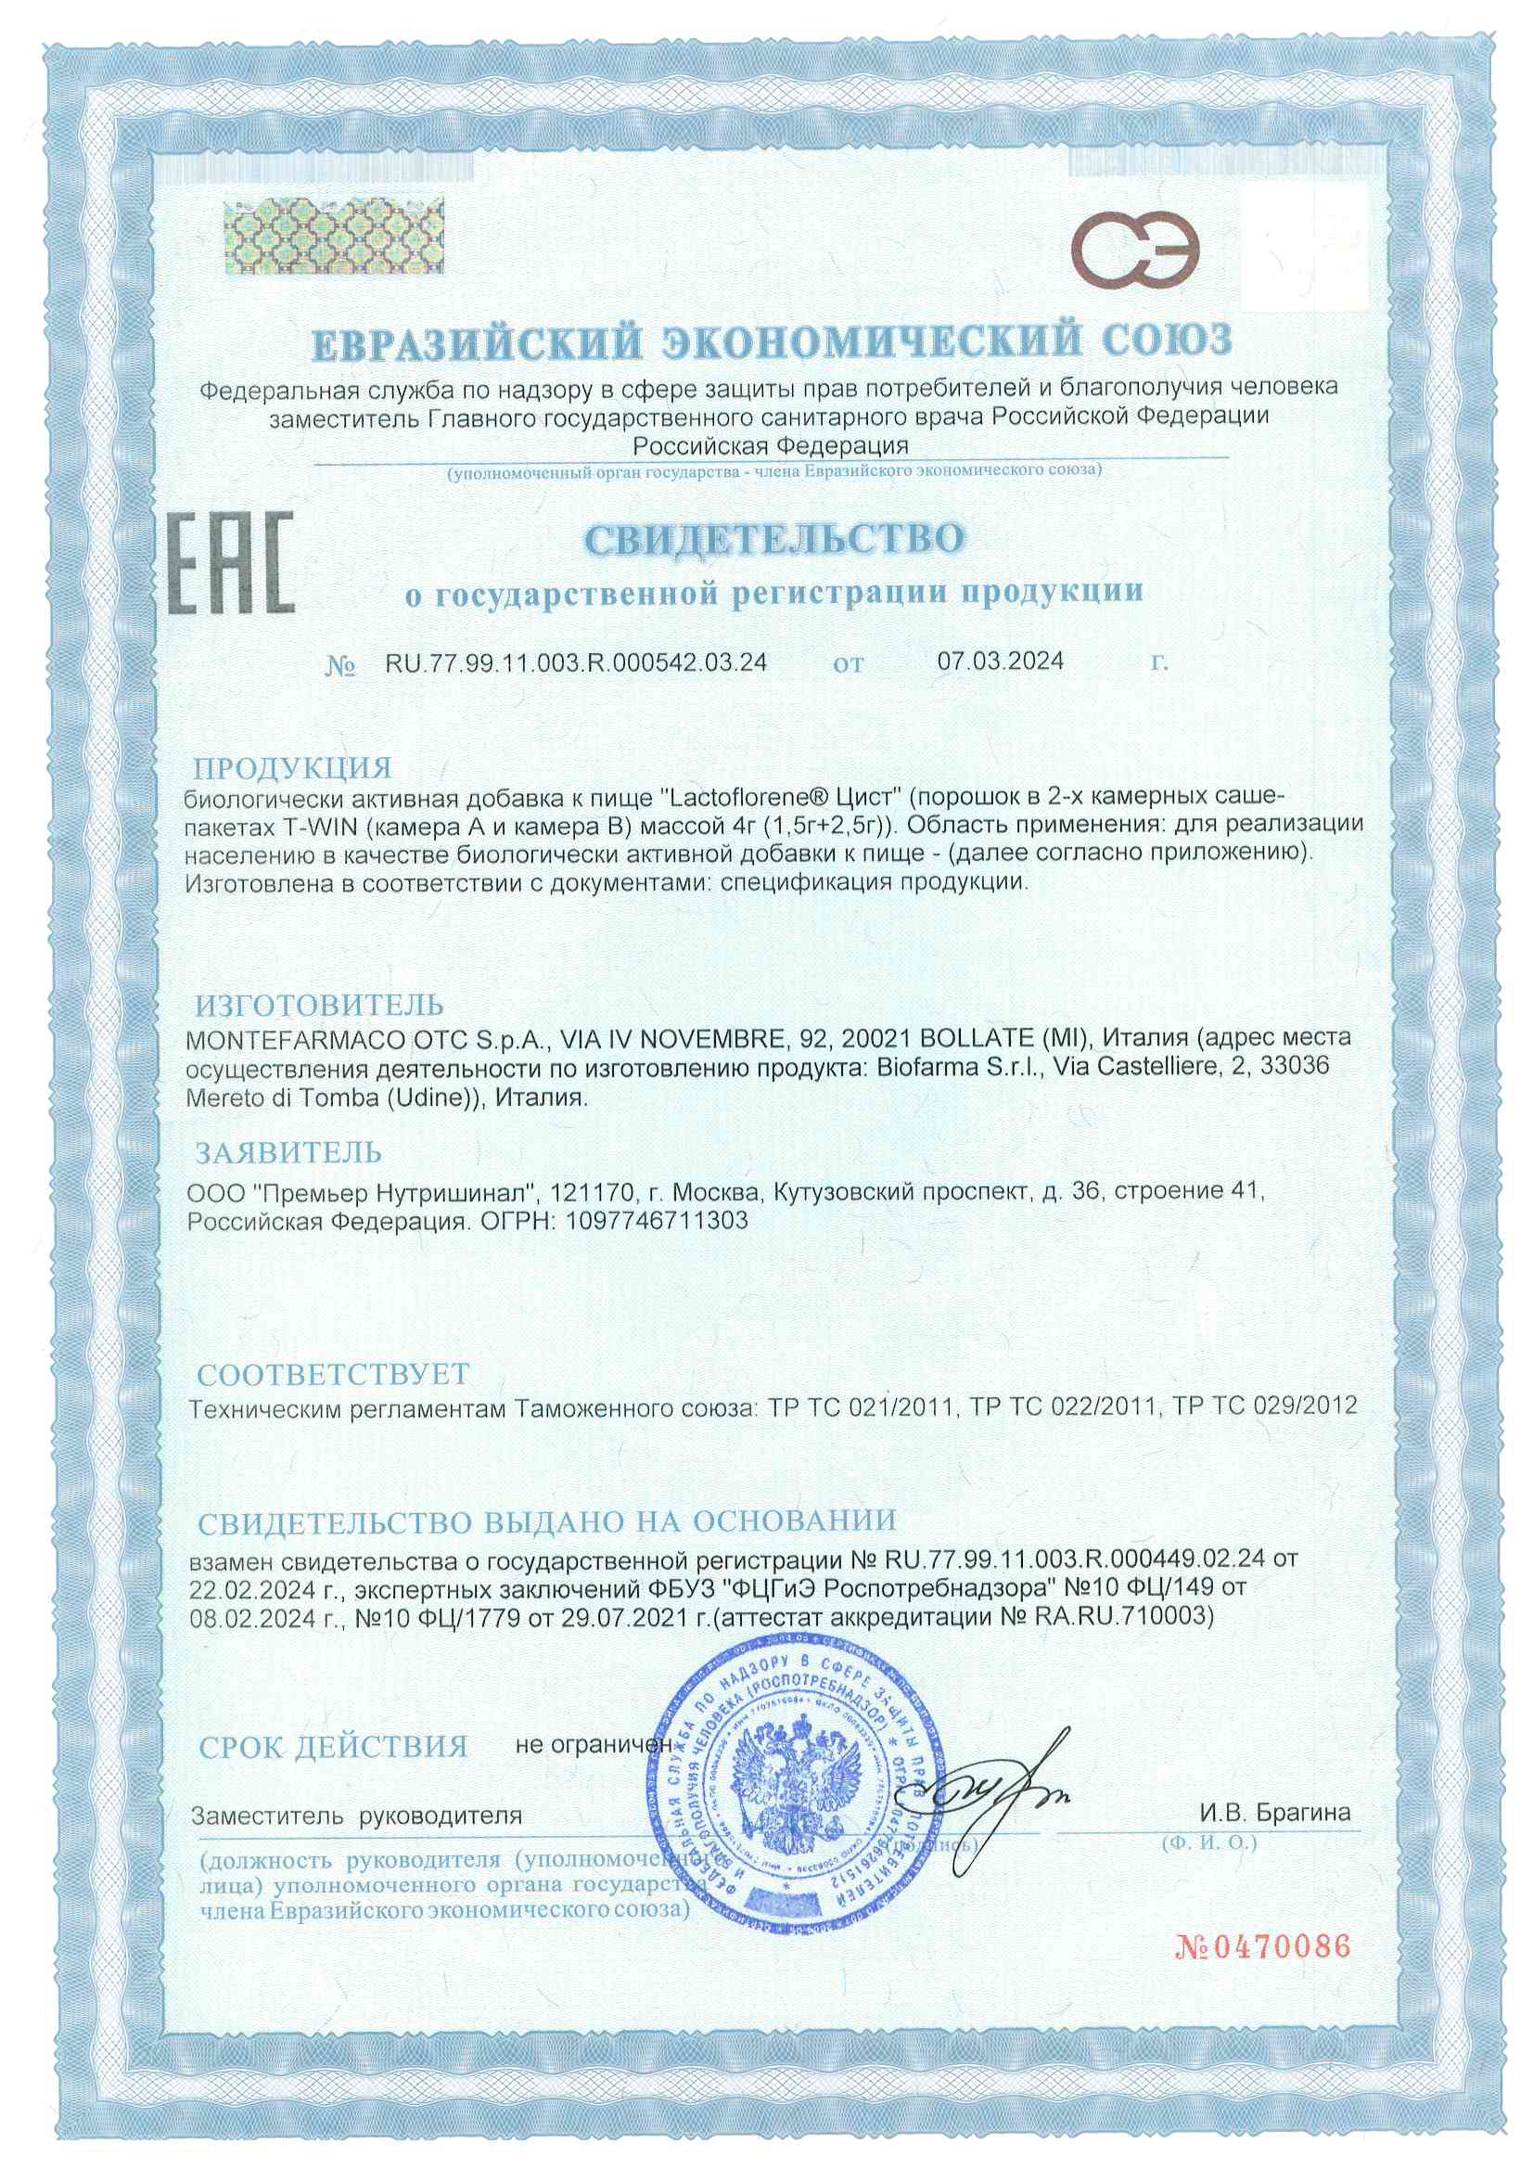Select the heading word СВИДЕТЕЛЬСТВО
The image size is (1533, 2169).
click(774, 538)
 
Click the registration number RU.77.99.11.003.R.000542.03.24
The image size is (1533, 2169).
click(575, 662)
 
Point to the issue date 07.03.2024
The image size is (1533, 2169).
click(1001, 661)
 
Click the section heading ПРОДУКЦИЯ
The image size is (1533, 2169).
click(293, 767)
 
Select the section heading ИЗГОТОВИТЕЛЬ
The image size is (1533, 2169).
click(319, 1004)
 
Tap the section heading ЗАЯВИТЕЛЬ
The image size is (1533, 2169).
click(288, 1152)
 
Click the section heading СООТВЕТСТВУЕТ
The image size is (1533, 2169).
click(333, 1373)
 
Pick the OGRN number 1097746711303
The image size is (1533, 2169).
click(654, 1221)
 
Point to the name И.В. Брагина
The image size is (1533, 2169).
click(1275, 1813)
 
